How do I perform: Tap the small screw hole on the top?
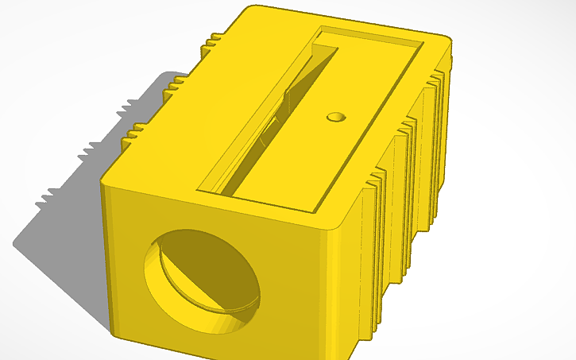(337, 117)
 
